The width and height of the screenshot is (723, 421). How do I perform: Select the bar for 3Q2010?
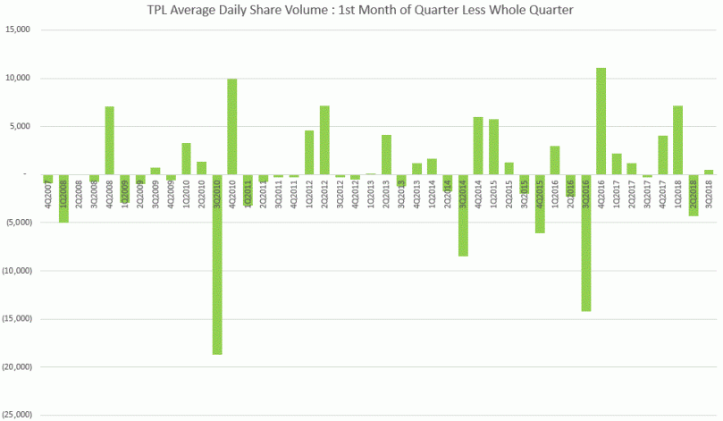pyautogui.click(x=217, y=264)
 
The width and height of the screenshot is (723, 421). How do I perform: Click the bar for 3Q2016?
pyautogui.click(x=585, y=242)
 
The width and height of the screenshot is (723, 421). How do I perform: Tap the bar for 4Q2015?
pyautogui.click(x=540, y=203)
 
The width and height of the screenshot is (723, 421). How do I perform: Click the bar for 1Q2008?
pyautogui.click(x=63, y=198)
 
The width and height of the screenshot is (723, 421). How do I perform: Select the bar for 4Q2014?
pyautogui.click(x=478, y=146)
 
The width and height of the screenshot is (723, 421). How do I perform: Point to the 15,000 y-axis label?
pyautogui.click(x=18, y=29)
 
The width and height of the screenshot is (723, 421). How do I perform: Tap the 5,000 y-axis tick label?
pyautogui.click(x=20, y=126)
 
